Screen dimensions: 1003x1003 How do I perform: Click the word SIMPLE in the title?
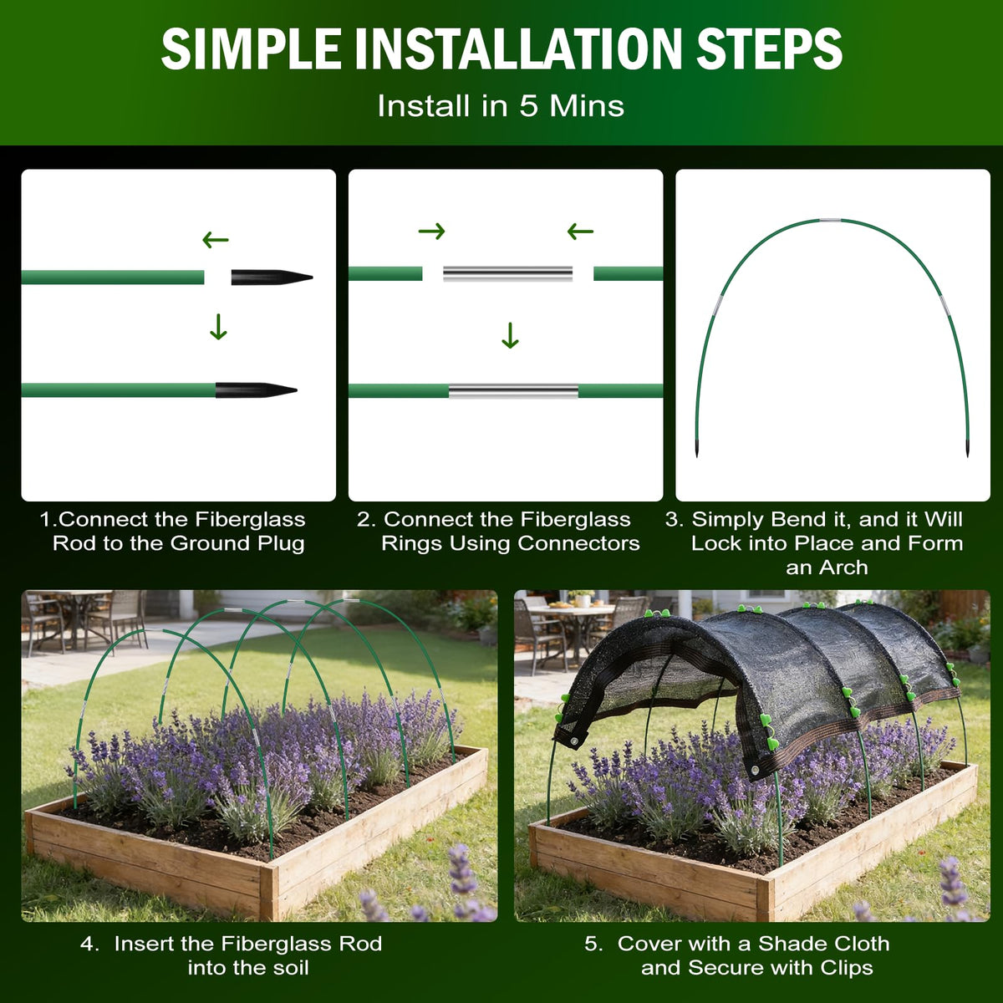point(251,48)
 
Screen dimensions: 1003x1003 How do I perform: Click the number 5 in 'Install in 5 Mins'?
point(527,106)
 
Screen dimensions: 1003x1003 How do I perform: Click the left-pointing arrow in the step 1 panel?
point(216,240)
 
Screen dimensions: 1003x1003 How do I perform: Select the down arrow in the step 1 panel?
point(219,327)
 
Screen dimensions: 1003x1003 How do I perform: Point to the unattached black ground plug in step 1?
point(272,277)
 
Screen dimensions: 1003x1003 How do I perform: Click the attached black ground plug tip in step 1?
point(256,389)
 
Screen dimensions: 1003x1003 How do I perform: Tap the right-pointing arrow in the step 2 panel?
point(431,231)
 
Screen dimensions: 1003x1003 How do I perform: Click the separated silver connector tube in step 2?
point(507,274)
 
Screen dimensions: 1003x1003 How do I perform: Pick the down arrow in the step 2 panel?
point(510,336)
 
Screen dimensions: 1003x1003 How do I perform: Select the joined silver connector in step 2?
point(513,391)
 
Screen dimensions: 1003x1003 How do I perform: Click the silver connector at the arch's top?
point(830,220)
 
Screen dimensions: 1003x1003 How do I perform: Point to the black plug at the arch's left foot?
point(697,449)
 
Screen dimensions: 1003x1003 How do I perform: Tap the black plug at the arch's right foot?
point(968,449)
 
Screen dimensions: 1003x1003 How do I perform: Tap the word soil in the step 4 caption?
point(289,968)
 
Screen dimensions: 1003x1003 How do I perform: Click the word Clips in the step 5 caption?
point(847,968)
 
